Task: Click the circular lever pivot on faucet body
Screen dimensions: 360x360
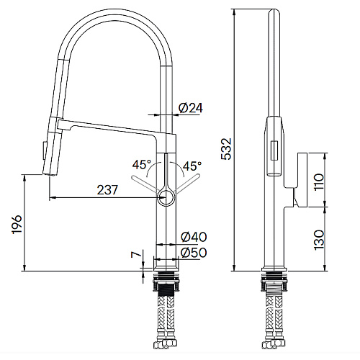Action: pyautogui.click(x=166, y=194)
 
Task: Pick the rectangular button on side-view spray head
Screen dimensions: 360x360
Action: pyautogui.click(x=274, y=150)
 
